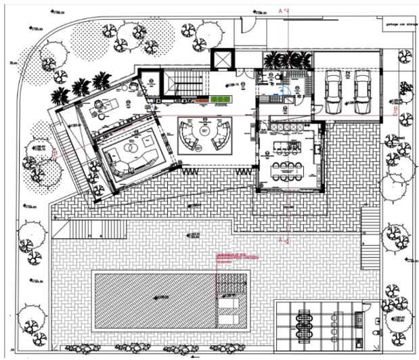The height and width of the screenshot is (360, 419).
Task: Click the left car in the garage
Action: click(x=334, y=91)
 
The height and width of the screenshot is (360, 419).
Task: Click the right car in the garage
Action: click(x=361, y=91)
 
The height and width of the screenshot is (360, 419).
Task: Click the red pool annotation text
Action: click(x=230, y=258)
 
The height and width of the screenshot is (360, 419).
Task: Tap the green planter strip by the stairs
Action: click(x=219, y=99)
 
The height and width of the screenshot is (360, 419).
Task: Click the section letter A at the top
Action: click(x=280, y=11)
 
